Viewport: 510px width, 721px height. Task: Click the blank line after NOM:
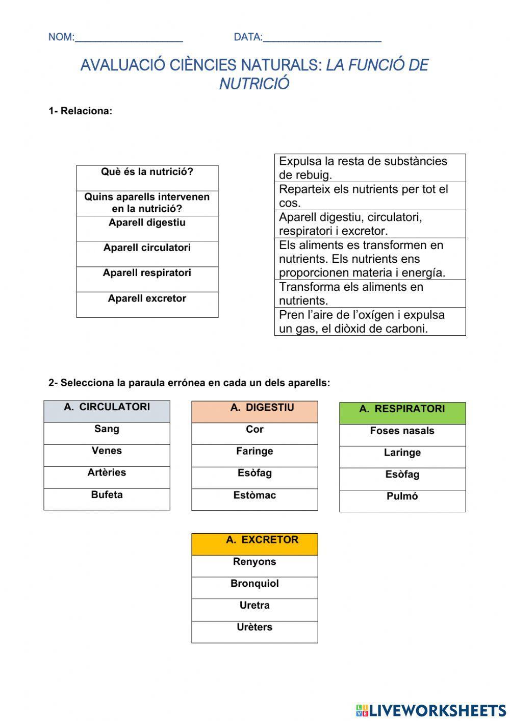[129, 38]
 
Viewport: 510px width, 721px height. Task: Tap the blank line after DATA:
[322, 38]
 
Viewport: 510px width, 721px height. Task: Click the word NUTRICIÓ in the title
[254, 84]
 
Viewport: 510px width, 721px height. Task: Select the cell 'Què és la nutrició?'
[147, 177]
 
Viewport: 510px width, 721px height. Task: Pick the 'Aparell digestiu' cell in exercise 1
[147, 228]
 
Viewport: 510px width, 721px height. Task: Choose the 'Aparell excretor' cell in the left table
[147, 304]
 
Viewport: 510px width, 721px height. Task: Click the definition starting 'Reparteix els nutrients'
[370, 196]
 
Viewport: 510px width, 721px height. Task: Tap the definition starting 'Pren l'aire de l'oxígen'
[370, 321]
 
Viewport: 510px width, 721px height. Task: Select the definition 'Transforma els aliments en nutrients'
[370, 293]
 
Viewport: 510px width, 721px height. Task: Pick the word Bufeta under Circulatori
[107, 495]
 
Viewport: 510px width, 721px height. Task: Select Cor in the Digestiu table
[254, 430]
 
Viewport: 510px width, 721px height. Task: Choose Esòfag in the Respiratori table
[402, 475]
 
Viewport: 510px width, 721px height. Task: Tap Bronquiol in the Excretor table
[254, 584]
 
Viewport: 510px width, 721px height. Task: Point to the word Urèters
[254, 628]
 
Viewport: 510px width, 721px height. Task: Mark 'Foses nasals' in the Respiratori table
[402, 431]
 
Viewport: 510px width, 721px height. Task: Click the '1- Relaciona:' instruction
[80, 111]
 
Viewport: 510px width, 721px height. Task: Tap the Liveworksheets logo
[431, 710]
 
